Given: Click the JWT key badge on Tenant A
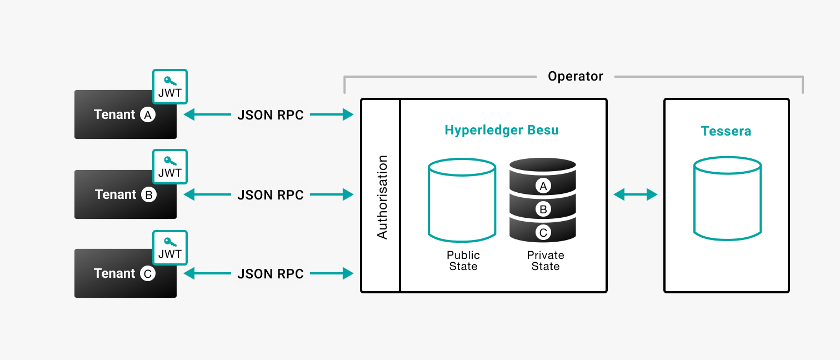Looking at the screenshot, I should (169, 87).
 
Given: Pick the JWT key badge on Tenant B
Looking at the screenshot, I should (169, 167).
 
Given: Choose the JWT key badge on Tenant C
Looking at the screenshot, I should (169, 248).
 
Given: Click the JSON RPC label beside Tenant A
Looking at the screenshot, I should (271, 115).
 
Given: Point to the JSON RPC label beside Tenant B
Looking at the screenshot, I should (271, 195).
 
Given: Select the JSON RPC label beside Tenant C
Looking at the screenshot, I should (271, 274).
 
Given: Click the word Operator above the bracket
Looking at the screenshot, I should (575, 77).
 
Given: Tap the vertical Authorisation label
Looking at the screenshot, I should (382, 197).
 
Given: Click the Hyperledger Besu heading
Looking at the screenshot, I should (501, 131).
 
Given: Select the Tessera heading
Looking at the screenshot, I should (726, 132).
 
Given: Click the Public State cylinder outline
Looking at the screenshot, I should (462, 200).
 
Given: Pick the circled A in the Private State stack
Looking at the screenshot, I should (543, 186).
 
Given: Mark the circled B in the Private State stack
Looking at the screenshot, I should (543, 209).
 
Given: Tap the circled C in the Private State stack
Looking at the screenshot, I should (543, 232).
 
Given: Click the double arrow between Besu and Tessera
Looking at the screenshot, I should (636, 194).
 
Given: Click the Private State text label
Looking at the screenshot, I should (545, 261).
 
